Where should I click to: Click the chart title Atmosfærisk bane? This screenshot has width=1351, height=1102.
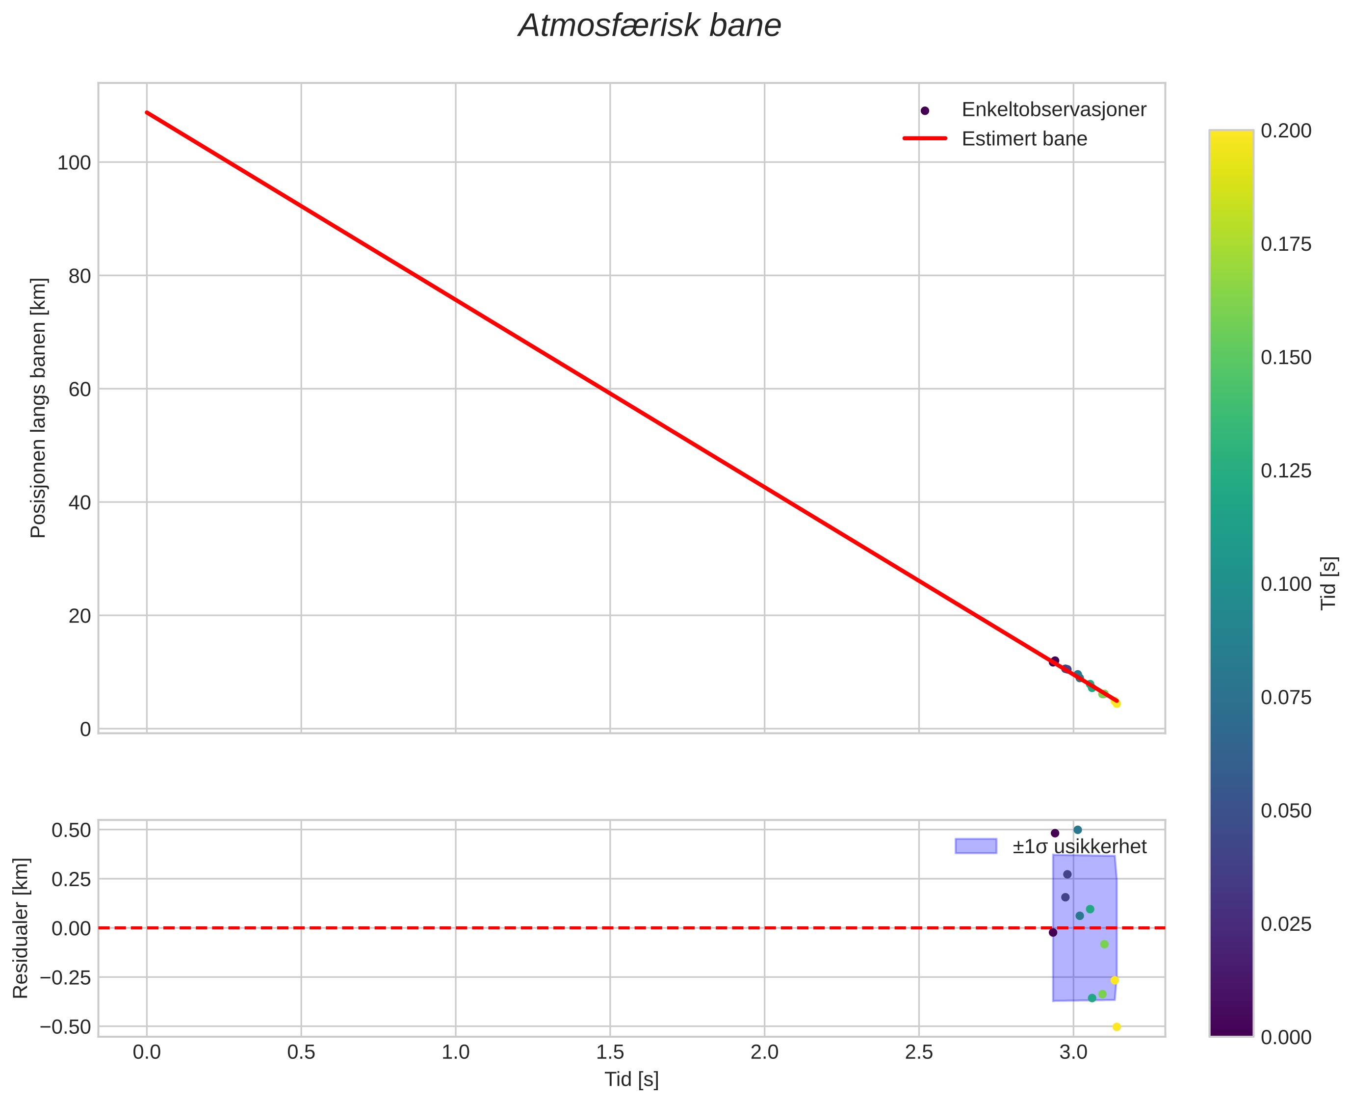pos(649,26)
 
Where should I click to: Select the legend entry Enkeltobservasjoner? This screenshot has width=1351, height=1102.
pos(1053,110)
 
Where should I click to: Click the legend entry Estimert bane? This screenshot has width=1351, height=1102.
pos(1024,139)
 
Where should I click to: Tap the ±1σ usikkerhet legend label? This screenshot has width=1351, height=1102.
pos(1079,847)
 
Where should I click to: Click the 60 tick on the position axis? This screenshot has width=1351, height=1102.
pos(80,389)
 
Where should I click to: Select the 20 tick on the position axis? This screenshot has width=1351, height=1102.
pos(80,616)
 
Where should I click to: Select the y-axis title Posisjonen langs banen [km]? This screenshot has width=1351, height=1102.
pos(39,408)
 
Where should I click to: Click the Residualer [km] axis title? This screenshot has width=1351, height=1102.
pos(21,928)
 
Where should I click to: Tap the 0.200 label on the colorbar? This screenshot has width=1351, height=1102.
pos(1286,131)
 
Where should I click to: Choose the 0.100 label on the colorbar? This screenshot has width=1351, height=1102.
pos(1286,584)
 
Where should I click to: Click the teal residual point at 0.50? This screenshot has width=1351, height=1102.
pos(1077,830)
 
